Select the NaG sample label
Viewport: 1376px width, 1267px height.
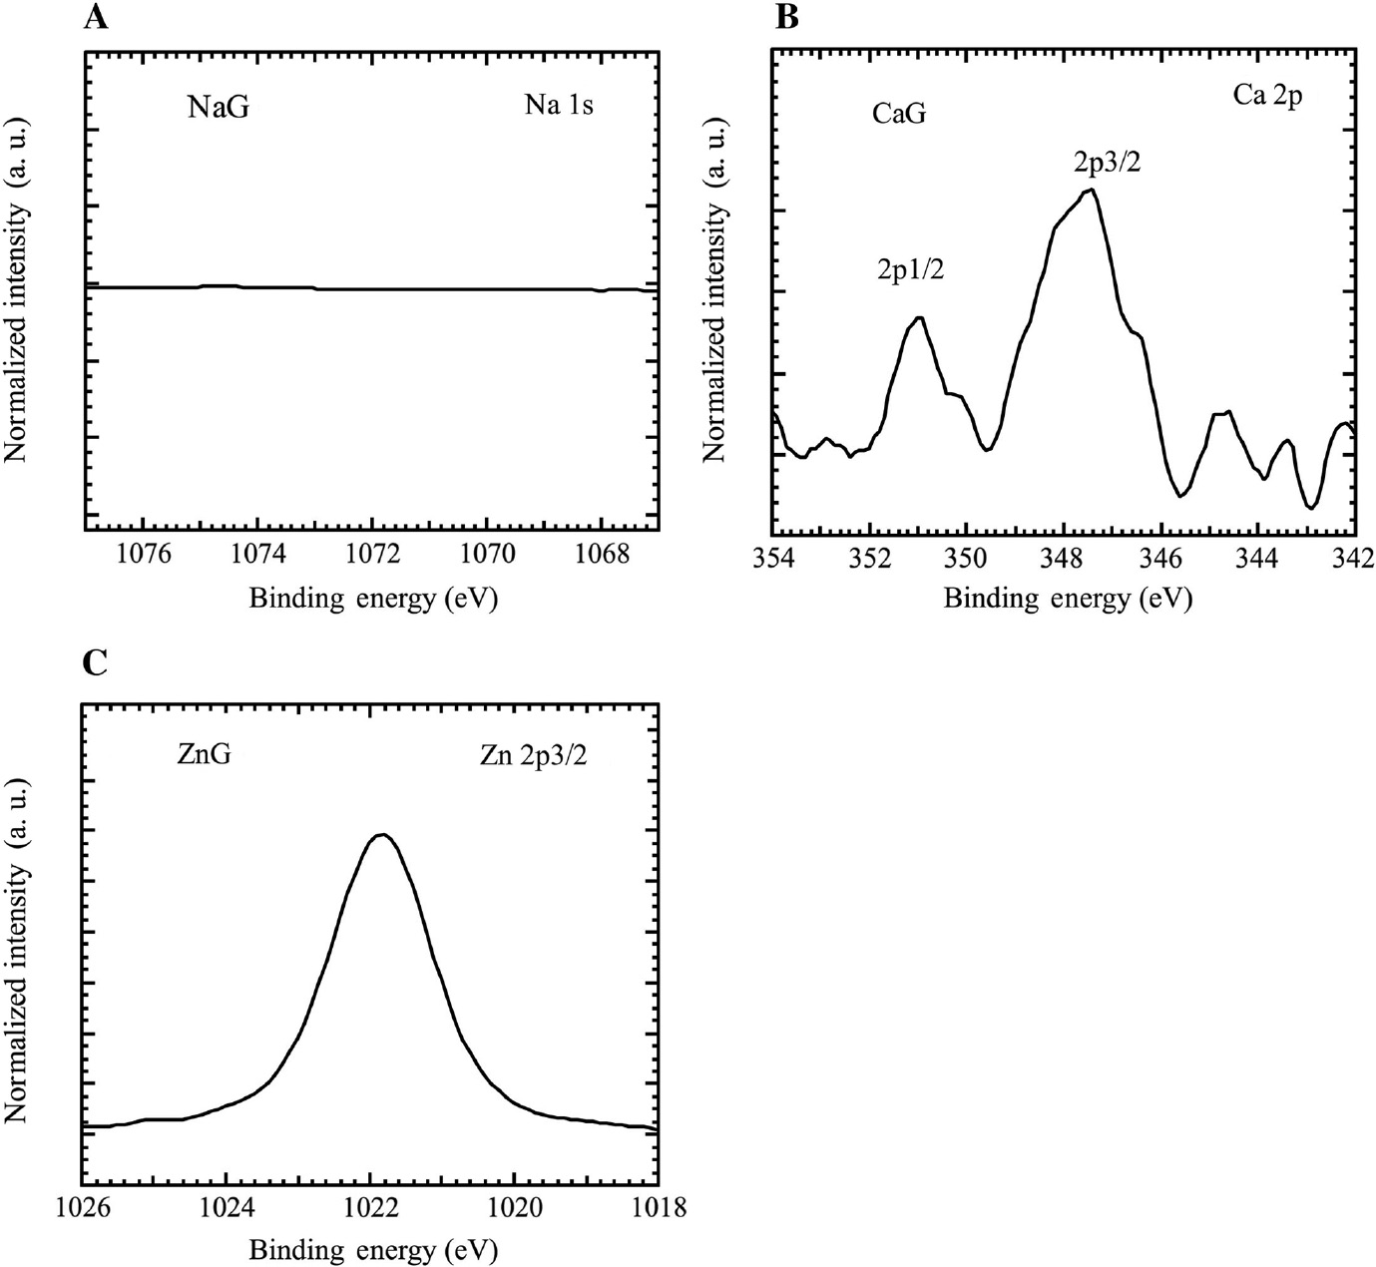tap(219, 107)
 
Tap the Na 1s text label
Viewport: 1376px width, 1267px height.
tap(559, 105)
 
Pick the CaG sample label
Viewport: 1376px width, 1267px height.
tap(899, 114)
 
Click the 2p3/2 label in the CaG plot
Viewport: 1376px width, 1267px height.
tap(1107, 161)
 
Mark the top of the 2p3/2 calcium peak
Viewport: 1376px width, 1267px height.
tap(1092, 190)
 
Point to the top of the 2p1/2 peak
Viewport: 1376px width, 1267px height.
tap(919, 318)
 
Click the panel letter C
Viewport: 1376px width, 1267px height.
tap(95, 662)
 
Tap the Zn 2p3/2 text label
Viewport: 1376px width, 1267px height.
tap(534, 756)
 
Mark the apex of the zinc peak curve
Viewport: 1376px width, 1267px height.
tap(382, 834)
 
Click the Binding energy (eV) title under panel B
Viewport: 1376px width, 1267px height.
tap(1068, 599)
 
